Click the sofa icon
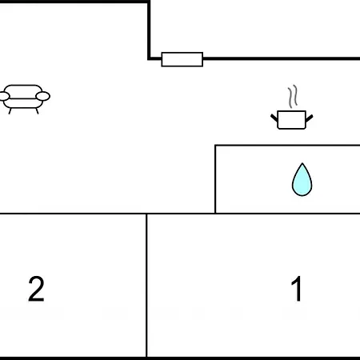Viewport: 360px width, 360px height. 25,99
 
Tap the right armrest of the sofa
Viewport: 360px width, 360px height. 42,96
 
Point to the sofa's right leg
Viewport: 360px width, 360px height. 37,111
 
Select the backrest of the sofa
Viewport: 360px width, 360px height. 23,91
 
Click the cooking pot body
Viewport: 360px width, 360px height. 291,120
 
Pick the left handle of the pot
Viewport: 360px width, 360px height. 274,118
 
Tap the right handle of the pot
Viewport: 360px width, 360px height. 310,118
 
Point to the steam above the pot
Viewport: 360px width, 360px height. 293,96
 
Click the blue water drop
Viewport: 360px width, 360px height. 302,179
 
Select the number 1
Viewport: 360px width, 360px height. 297,289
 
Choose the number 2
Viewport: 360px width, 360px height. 36,289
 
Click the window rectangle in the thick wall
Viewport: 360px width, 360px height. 182,59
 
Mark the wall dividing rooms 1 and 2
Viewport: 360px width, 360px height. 146,285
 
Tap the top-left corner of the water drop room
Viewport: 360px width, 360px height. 215,146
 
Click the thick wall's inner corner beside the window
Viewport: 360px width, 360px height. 149,58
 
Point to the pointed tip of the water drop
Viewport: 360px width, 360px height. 302,163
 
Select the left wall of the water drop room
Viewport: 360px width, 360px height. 215,179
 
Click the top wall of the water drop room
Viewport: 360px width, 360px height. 287,146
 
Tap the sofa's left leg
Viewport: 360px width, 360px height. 10,111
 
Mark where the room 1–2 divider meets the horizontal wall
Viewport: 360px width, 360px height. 146,214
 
